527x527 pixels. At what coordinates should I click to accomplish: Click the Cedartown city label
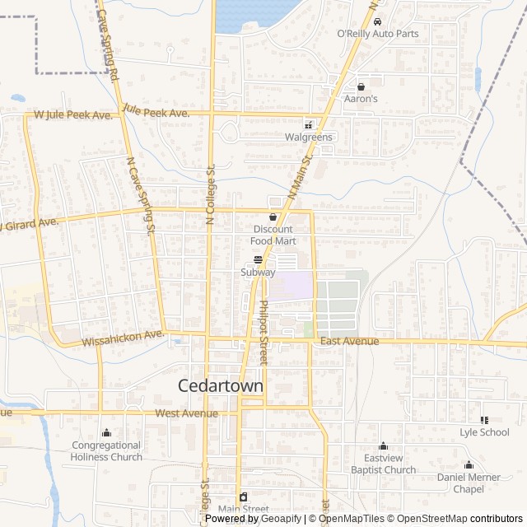(221, 385)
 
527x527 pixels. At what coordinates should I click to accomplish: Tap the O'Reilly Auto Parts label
(378, 34)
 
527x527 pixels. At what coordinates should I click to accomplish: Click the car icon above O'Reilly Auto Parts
(377, 21)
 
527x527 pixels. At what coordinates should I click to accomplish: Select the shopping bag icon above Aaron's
(361, 86)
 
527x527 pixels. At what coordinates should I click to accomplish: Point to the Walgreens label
(309, 138)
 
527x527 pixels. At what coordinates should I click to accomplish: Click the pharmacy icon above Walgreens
(308, 125)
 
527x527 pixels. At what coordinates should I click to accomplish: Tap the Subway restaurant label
(258, 272)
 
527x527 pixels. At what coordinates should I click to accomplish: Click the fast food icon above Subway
(258, 259)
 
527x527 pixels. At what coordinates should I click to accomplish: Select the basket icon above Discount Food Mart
(273, 217)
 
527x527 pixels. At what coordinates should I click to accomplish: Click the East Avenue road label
(350, 341)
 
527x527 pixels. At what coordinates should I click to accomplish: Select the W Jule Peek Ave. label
(72, 116)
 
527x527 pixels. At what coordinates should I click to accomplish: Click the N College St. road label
(210, 194)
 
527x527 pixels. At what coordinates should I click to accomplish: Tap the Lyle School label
(484, 431)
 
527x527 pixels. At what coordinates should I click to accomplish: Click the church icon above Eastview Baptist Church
(382, 445)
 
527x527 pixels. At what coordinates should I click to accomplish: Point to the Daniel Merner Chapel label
(468, 483)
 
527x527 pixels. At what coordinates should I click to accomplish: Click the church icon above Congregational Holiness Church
(106, 432)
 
